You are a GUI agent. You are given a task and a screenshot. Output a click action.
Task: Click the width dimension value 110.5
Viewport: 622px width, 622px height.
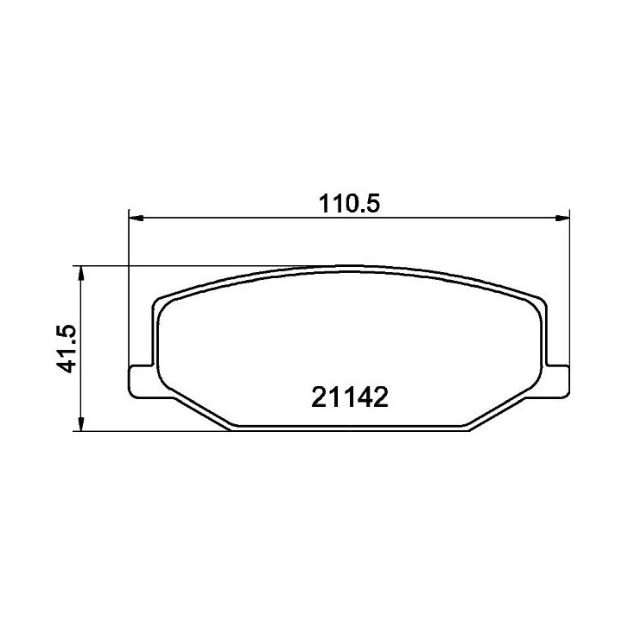coord(350,203)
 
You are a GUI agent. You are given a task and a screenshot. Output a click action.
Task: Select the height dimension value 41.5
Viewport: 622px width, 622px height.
coord(66,349)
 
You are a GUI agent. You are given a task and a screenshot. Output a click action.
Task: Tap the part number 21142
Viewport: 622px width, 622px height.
coord(350,397)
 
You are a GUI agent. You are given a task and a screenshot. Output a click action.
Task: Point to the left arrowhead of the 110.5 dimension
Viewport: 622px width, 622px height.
coord(136,218)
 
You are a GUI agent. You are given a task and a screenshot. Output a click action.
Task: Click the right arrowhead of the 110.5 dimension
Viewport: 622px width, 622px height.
coord(562,218)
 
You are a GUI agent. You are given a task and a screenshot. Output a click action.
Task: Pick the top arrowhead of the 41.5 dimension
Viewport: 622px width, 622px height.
coord(81,273)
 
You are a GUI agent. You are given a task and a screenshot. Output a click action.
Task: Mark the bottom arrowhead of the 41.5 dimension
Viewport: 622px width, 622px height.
coord(81,423)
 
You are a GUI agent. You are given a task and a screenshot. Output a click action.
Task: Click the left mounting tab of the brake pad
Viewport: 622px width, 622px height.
coord(141,381)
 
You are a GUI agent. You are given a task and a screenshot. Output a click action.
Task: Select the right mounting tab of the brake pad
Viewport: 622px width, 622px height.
coord(557,381)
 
